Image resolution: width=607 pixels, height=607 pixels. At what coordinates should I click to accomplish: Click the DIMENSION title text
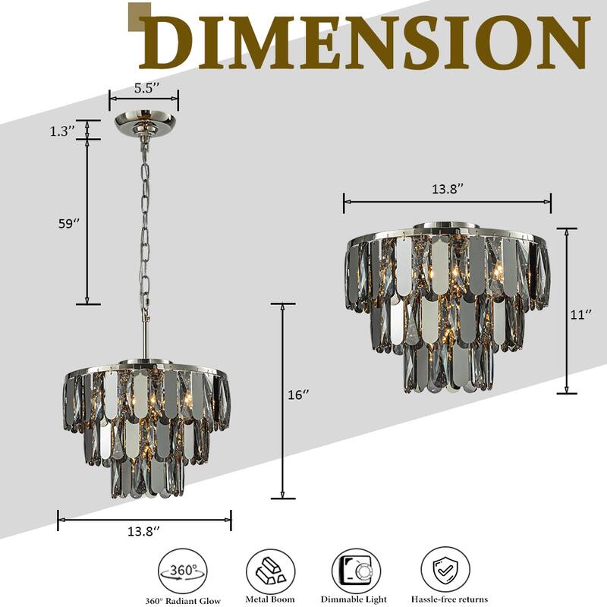pos(365,42)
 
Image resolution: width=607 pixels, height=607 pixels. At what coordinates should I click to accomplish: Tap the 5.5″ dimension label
pos(147,88)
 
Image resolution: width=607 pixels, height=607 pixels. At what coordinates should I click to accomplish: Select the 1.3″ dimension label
pos(61,131)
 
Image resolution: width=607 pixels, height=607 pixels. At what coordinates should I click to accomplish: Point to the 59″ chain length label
pos(69,223)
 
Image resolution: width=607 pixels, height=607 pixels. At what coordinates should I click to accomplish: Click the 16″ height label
pos(298,395)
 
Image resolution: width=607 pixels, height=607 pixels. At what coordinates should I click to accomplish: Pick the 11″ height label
pos(581,314)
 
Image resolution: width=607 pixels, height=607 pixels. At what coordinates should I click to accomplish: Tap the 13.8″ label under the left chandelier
pos(143,531)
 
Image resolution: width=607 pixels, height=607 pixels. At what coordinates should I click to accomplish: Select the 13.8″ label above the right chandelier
pos(448,189)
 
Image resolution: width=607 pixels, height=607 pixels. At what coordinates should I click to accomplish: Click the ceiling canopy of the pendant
pos(146,124)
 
